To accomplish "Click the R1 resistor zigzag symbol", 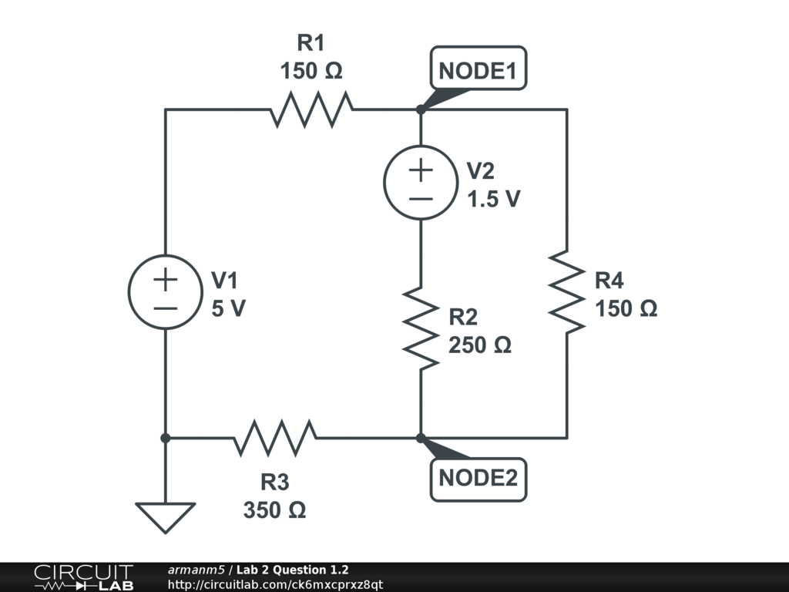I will point(311,109).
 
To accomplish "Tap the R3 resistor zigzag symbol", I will point(274,438).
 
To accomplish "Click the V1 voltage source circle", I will point(165,292).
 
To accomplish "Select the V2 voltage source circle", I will point(421,182).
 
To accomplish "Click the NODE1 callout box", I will point(478,72).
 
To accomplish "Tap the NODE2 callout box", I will point(478,479).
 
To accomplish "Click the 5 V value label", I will point(229,309).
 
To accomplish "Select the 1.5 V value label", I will point(493,200).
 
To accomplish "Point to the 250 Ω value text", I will point(480,345).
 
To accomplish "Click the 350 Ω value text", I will point(275,510).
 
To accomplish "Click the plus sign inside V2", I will point(421,169).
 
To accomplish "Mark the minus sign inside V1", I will point(165,308).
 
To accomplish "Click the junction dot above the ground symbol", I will point(165,438).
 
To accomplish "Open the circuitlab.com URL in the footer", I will point(275,584).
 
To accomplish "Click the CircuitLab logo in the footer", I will point(83,577).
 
